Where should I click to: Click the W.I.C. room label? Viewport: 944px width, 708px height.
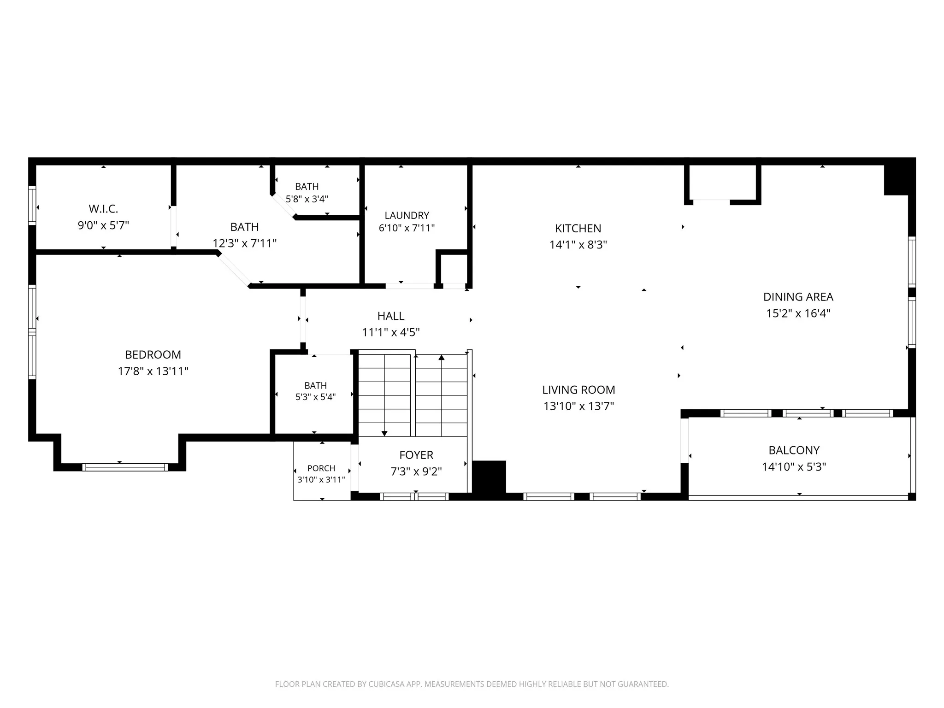[x=103, y=209]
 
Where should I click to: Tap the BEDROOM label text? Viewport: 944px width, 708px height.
[x=153, y=354]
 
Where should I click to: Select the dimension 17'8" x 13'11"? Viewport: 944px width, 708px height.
[x=153, y=371]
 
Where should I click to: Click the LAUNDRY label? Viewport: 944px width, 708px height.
[x=407, y=215]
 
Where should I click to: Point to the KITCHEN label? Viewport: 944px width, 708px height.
[x=578, y=228]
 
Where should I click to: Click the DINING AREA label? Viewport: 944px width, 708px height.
[x=798, y=297]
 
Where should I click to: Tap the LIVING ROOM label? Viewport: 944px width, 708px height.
[x=578, y=389]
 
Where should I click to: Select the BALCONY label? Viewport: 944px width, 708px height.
[x=794, y=450]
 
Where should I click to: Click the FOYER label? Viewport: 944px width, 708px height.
[x=416, y=455]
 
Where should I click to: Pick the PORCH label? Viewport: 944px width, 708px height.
[x=321, y=468]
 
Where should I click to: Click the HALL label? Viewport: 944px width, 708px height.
[x=391, y=316]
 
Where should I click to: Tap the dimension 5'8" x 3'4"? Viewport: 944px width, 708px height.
[x=307, y=199]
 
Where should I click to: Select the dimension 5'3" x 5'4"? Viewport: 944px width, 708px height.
[x=316, y=397]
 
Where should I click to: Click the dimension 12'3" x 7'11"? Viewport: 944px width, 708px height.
[x=244, y=243]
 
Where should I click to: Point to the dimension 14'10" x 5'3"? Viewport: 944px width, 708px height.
[x=794, y=466]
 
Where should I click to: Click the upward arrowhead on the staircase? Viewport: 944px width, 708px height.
[x=442, y=357]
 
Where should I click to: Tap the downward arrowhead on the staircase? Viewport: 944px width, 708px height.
[x=384, y=433]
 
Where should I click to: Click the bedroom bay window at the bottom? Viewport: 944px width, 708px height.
[x=125, y=467]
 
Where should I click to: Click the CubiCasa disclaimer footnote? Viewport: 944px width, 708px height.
[x=472, y=684]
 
